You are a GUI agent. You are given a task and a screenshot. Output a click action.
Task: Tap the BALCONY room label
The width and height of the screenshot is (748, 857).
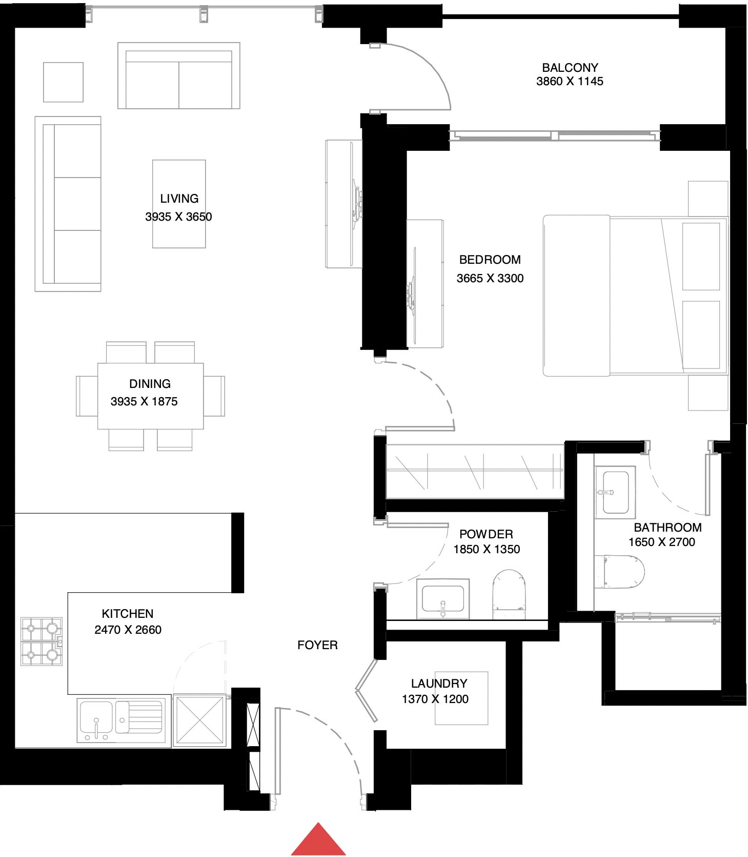point(570,68)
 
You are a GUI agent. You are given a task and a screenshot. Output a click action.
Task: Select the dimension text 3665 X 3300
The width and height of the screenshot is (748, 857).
point(490,279)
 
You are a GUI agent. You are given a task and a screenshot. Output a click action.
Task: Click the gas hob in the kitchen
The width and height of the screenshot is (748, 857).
point(41,641)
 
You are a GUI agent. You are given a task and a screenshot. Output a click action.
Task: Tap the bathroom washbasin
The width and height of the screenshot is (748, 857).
point(615,492)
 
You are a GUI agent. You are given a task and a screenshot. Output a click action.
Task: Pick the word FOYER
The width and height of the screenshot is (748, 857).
point(317,645)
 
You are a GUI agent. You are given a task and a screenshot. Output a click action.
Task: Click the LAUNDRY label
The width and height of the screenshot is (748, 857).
point(439,684)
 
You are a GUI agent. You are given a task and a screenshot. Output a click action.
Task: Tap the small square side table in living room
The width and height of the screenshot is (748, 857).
point(63,82)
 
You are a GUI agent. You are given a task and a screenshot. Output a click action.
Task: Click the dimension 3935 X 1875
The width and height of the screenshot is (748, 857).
point(144,402)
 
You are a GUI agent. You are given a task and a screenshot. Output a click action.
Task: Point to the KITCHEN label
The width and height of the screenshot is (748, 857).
point(127,614)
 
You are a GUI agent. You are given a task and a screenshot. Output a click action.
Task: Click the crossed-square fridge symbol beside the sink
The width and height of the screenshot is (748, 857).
point(199,720)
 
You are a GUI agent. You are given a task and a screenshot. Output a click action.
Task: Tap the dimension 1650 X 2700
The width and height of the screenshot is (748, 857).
point(661,542)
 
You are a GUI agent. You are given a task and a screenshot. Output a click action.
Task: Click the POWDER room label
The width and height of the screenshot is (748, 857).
point(486,534)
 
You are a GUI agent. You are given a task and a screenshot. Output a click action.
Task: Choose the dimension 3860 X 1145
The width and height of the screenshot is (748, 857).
point(570,82)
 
